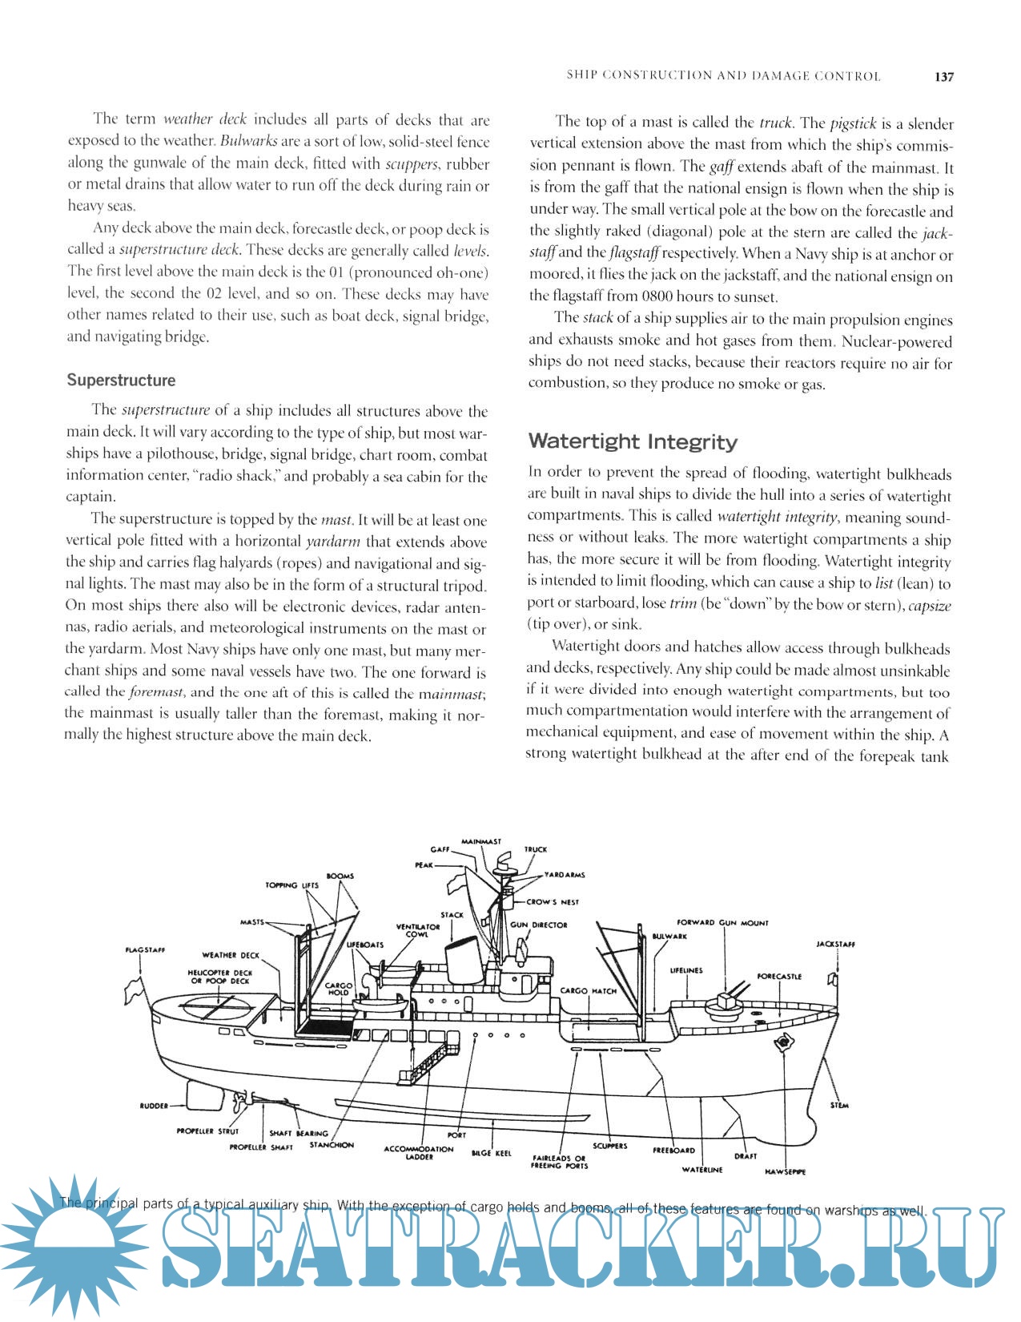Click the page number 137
(944, 77)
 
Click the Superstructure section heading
(121, 380)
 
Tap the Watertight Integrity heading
(633, 441)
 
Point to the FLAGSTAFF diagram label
(146, 950)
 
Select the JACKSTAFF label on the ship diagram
(835, 944)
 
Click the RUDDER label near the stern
(154, 1106)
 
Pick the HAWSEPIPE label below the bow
(785, 1171)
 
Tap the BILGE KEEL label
(491, 1153)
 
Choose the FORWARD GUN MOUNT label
(722, 923)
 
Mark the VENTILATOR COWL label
(418, 930)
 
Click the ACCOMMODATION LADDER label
(419, 1152)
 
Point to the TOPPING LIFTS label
(291, 885)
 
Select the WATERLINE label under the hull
(702, 1170)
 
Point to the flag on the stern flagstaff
(131, 991)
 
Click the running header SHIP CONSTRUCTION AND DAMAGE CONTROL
(723, 76)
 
